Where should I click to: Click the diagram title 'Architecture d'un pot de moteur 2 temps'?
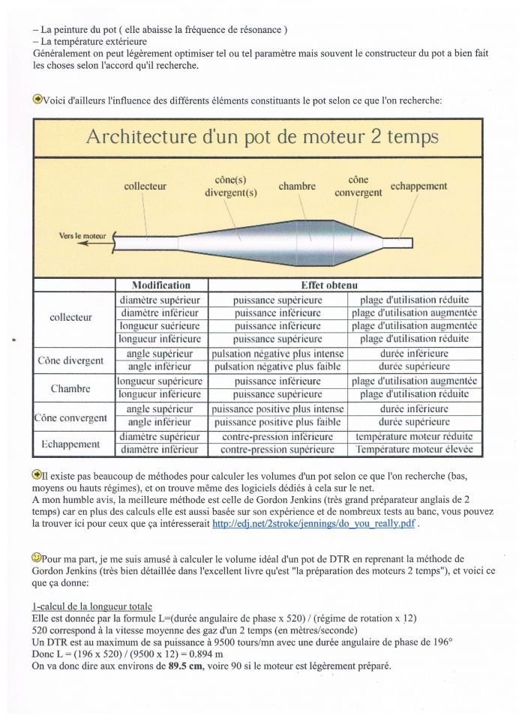pyautogui.click(x=262, y=137)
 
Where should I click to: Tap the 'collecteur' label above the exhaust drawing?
pyautogui.click(x=145, y=187)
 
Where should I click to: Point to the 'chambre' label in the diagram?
pyautogui.click(x=297, y=186)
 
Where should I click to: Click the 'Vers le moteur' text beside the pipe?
pyautogui.click(x=82, y=236)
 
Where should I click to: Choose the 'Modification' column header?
pyautogui.click(x=160, y=286)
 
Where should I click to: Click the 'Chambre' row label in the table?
pyautogui.click(x=70, y=389)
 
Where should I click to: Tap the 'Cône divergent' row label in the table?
pyautogui.click(x=70, y=360)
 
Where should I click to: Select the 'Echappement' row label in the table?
pyautogui.click(x=70, y=444)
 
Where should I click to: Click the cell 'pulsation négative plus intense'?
pyautogui.click(x=278, y=354)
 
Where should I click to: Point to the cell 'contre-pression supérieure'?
pyautogui.click(x=277, y=450)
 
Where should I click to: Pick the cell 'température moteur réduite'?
pyautogui.click(x=414, y=436)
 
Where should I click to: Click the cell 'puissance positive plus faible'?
pyautogui.click(x=278, y=423)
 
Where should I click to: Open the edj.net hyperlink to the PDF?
pyautogui.click(x=313, y=525)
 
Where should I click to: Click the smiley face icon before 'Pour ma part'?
pyautogui.click(x=37, y=558)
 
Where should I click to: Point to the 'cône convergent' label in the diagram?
pyautogui.click(x=358, y=187)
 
